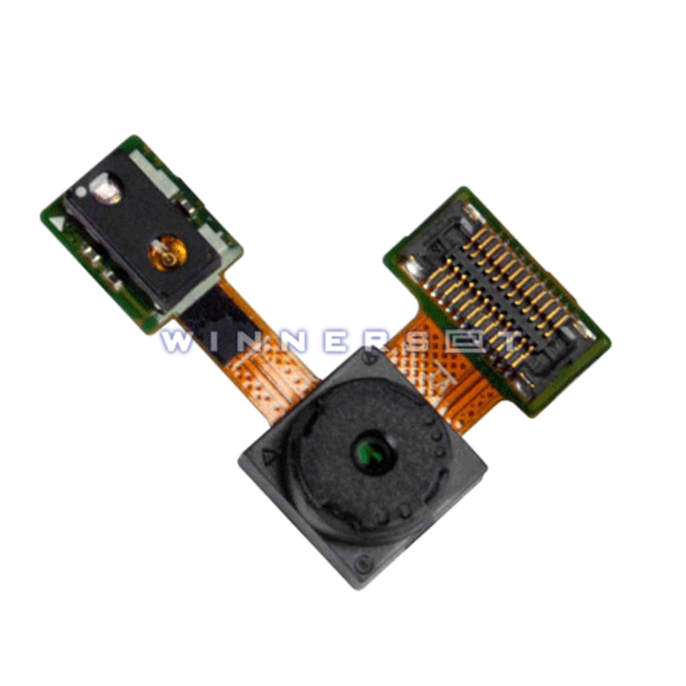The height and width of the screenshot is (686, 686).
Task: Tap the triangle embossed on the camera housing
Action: pyautogui.click(x=268, y=457)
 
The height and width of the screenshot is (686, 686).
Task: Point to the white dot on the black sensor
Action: pyautogui.click(x=81, y=192)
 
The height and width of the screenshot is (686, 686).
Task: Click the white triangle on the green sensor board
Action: pyautogui.click(x=57, y=222)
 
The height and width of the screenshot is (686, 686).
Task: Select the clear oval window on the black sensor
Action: pyautogui.click(x=106, y=189)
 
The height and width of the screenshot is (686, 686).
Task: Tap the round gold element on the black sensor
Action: pyautogui.click(x=168, y=253)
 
